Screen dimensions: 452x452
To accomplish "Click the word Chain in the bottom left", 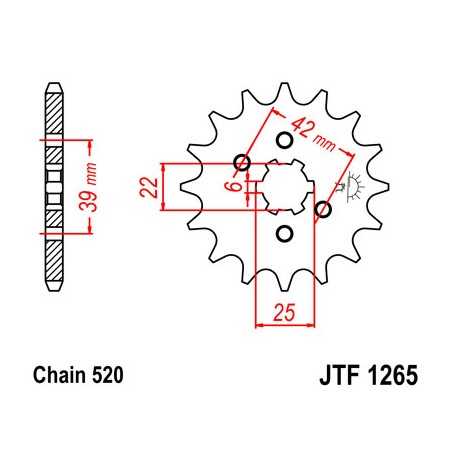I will click(x=56, y=377).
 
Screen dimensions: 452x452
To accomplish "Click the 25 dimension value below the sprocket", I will click(x=282, y=313).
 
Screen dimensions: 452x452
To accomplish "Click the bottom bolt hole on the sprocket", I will click(x=283, y=234).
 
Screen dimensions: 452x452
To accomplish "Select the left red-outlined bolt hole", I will click(x=240, y=163).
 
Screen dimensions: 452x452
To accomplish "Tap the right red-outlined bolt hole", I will click(x=323, y=209).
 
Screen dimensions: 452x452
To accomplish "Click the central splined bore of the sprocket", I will click(x=282, y=187).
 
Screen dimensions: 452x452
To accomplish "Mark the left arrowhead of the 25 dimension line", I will click(x=262, y=323).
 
